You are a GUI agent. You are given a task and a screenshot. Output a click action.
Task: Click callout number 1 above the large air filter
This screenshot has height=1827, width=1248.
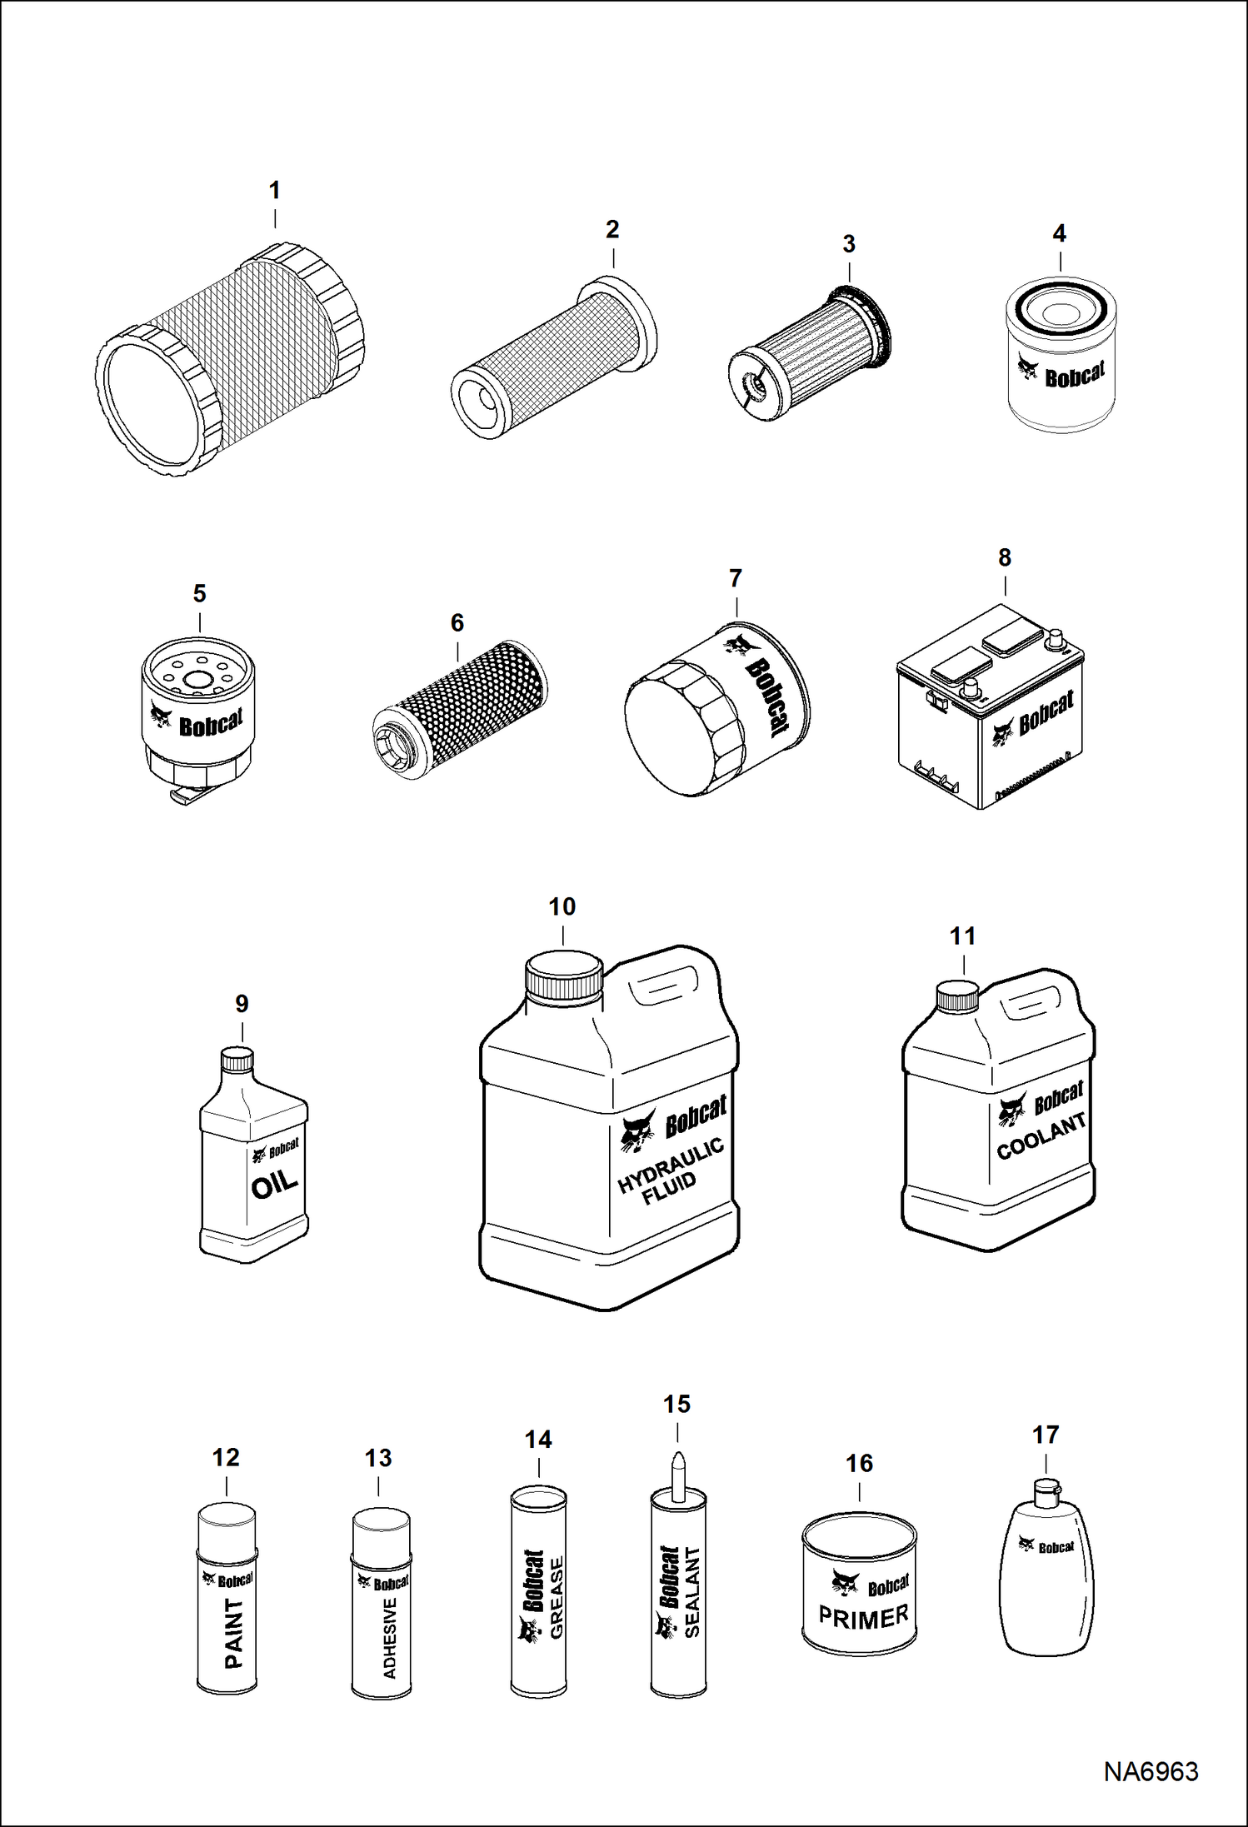[x=274, y=190]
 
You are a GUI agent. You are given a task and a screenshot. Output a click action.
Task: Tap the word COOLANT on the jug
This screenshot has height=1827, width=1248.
[x=1041, y=1136]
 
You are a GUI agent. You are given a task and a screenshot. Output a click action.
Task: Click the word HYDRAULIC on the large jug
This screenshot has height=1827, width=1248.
[x=671, y=1165]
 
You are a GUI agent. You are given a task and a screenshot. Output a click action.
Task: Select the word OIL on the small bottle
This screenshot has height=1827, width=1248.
[x=274, y=1184]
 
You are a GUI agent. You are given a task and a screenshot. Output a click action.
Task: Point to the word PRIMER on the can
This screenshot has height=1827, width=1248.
[x=863, y=1617]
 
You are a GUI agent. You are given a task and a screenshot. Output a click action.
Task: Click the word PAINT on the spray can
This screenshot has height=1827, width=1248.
[x=234, y=1633]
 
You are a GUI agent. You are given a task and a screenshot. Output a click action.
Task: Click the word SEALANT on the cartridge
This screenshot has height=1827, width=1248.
[x=691, y=1592]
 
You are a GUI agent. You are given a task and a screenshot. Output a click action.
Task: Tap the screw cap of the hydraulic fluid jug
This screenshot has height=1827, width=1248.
[x=563, y=978]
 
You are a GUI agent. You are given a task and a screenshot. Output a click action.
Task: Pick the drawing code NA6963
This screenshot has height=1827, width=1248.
[x=1151, y=1772]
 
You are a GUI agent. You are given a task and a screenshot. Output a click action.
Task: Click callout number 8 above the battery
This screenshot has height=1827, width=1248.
[x=1005, y=557]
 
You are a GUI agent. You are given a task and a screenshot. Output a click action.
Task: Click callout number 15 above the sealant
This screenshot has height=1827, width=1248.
[x=676, y=1405]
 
